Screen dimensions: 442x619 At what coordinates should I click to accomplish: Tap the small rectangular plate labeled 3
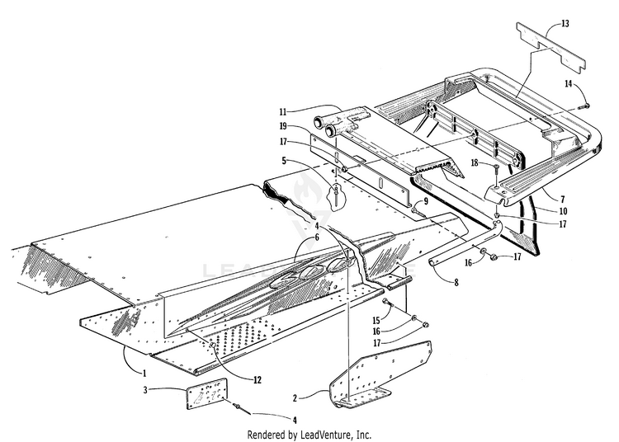[206, 392]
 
